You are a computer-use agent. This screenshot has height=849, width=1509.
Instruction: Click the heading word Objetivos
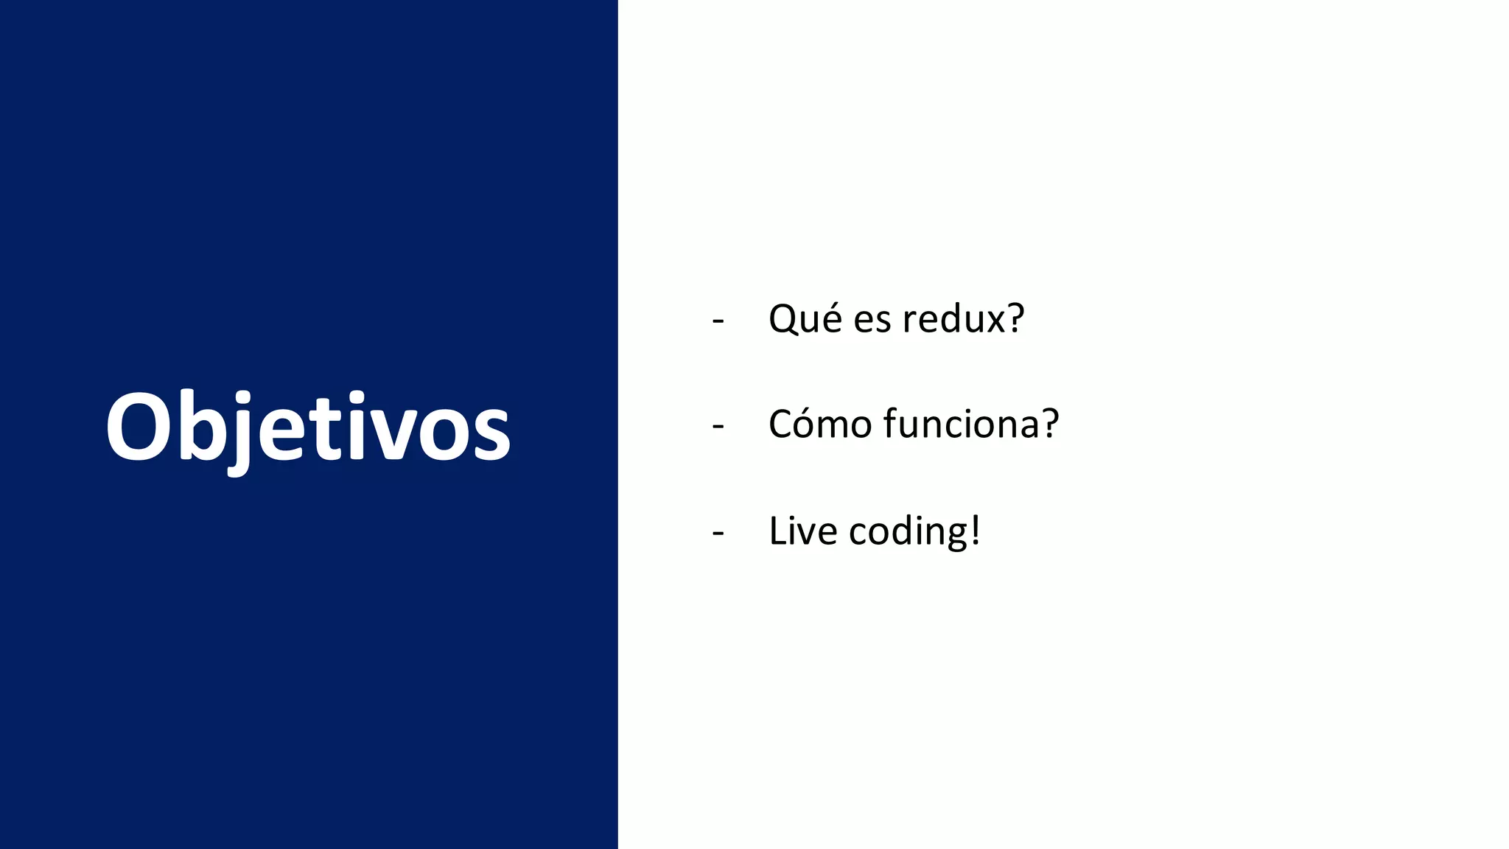308,427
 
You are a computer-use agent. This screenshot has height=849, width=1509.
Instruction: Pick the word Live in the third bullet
802,531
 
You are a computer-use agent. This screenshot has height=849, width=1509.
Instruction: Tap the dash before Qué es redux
718,321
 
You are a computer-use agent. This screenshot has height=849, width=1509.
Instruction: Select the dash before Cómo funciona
718,427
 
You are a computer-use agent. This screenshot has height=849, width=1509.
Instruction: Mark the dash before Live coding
718,533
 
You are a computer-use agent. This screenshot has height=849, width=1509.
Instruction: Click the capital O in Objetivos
138,427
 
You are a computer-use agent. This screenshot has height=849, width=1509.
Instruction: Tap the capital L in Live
778,531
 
